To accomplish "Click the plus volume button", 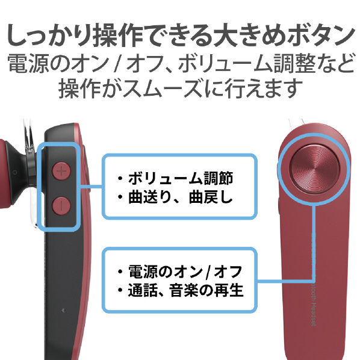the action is coord(61,171).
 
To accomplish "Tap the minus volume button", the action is coord(61,205).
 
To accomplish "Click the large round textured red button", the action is coord(314,169).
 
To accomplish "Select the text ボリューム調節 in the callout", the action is coord(181,178).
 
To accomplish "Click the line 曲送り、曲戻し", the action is coord(181,197).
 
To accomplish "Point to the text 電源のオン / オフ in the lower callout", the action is coord(185,272).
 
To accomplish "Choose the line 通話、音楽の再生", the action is coord(185,290).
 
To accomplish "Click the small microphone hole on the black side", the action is coord(64,311).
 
